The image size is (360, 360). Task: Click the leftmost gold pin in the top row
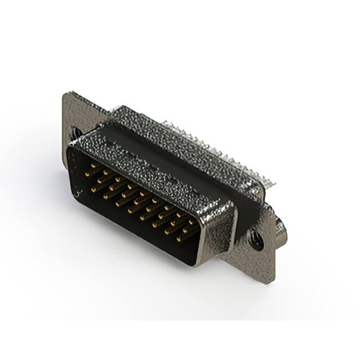[88, 173]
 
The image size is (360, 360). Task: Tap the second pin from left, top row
[101, 179]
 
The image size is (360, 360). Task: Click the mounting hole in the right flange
[256, 240]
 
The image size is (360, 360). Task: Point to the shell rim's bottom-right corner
[197, 262]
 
